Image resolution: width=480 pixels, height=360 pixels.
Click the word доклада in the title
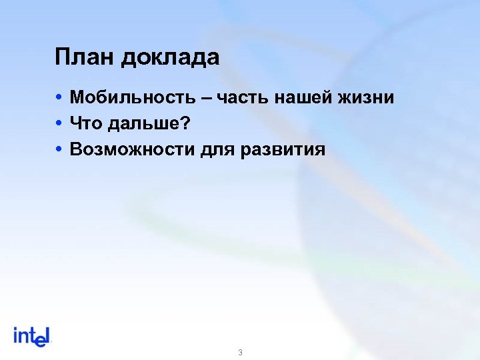click(x=170, y=59)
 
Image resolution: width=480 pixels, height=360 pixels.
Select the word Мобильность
click(x=132, y=98)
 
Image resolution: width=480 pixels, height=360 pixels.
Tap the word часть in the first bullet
click(x=249, y=98)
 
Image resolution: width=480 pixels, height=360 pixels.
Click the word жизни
click(x=370, y=98)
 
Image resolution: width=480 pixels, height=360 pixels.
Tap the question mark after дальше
click(x=186, y=123)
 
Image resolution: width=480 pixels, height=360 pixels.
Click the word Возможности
click(x=132, y=149)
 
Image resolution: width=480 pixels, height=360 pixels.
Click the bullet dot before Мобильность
click(x=60, y=99)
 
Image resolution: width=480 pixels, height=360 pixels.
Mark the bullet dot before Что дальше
click(x=60, y=124)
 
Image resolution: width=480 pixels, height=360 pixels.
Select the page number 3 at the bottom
click(x=239, y=352)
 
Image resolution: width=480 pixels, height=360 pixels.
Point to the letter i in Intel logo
click(x=16, y=335)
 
